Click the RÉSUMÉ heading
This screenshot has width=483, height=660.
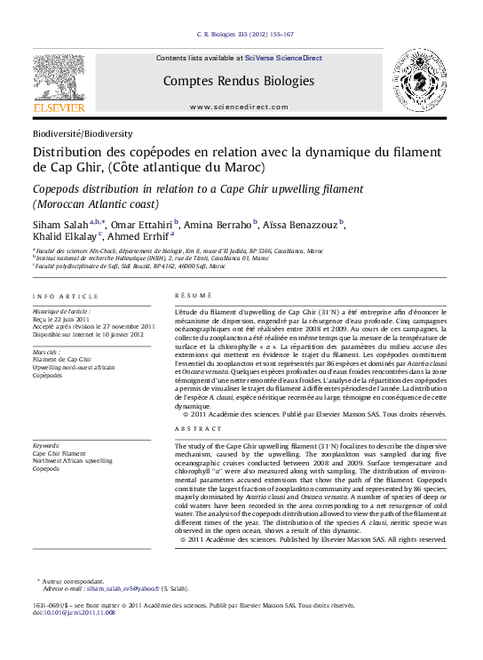(188, 295)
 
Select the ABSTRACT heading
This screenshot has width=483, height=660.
(194, 428)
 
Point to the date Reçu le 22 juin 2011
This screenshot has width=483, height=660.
(67, 319)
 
